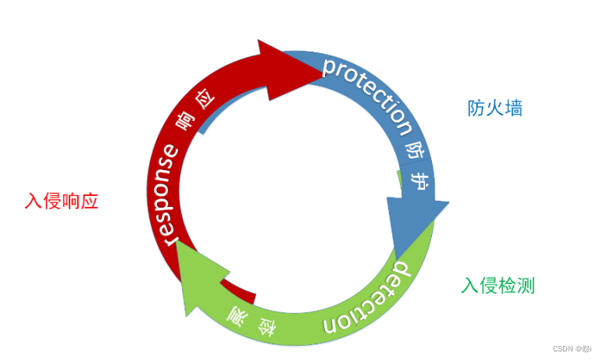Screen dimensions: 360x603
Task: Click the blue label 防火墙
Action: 495,109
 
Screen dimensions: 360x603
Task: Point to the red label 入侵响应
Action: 62,200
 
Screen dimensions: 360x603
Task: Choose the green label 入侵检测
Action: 498,286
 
